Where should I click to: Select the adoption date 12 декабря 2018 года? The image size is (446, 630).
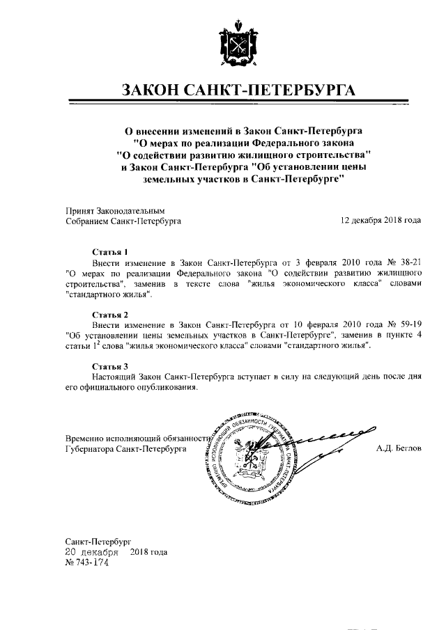[x=380, y=221]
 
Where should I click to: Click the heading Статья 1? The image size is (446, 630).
[x=109, y=251]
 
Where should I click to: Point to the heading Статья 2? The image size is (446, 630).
[x=110, y=315]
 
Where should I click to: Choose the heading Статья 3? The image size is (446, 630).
[x=110, y=365]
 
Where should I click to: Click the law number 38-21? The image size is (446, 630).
[x=407, y=261]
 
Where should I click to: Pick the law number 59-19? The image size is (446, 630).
[x=407, y=326]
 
